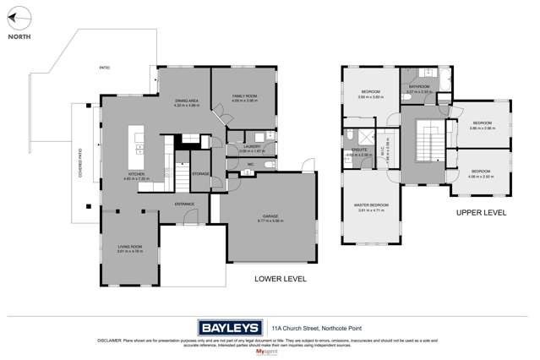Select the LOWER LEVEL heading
point(281,278)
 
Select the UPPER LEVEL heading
point(481,212)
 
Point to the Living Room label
point(129,247)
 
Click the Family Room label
point(244,97)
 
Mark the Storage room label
point(201,173)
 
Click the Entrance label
point(185,204)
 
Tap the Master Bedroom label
point(372,205)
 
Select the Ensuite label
point(359,152)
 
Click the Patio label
point(105,67)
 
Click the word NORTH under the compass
point(19,36)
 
